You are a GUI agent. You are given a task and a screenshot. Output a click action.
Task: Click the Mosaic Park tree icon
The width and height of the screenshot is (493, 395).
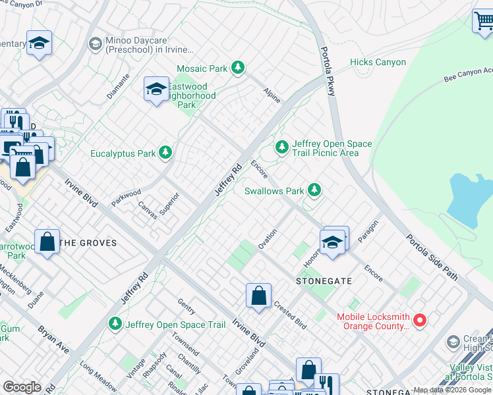click(238, 68)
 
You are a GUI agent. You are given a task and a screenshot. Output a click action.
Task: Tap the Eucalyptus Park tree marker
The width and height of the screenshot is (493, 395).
click(165, 153)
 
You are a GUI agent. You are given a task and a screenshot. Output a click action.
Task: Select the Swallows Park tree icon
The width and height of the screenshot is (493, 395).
click(314, 190)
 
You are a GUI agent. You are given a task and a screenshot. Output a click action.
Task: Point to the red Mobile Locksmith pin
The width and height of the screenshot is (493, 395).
click(420, 321)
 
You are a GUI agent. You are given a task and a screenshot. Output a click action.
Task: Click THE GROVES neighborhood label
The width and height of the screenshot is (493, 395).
click(88, 243)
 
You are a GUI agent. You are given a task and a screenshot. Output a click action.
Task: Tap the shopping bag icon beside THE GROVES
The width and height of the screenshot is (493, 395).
click(47, 242)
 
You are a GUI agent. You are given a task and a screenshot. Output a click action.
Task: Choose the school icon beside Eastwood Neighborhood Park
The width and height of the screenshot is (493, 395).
click(156, 90)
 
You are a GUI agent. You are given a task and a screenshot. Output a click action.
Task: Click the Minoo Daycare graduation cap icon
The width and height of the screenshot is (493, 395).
click(95, 43)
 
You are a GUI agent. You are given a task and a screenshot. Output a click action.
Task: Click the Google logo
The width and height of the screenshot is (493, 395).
click(22, 387)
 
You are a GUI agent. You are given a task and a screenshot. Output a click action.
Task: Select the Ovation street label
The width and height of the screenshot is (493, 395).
click(267, 238)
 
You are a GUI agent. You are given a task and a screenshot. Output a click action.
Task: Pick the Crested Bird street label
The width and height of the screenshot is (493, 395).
click(290, 316)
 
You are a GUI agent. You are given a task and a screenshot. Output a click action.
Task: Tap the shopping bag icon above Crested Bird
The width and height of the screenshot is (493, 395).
click(258, 296)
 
